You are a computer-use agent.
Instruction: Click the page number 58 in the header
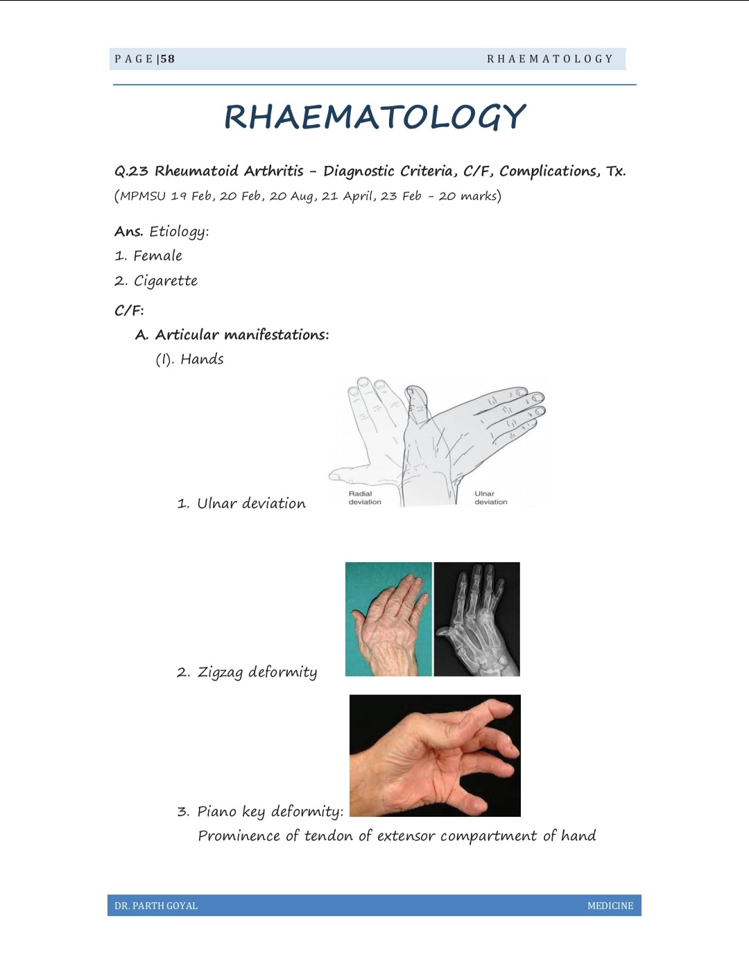point(167,59)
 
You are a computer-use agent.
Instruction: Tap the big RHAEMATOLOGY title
point(374,117)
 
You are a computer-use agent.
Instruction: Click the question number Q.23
point(131,171)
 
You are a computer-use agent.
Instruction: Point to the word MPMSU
point(143,196)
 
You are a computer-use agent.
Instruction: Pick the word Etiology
point(178,232)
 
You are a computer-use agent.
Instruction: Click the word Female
point(157,256)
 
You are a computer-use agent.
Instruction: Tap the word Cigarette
point(165,281)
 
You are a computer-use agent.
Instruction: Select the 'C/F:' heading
point(129,310)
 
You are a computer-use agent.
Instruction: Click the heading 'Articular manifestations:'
point(242,335)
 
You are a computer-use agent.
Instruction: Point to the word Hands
point(202,359)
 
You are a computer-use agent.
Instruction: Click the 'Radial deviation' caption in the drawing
point(365,498)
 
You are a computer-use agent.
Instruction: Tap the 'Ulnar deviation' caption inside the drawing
point(490,498)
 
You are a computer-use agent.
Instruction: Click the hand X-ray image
point(477,619)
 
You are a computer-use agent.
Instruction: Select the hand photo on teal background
point(388,619)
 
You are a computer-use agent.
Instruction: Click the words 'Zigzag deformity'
point(257,672)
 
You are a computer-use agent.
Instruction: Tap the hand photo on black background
point(435,755)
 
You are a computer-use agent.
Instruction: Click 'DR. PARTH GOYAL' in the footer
point(156,906)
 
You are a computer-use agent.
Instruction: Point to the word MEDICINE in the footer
point(610,906)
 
